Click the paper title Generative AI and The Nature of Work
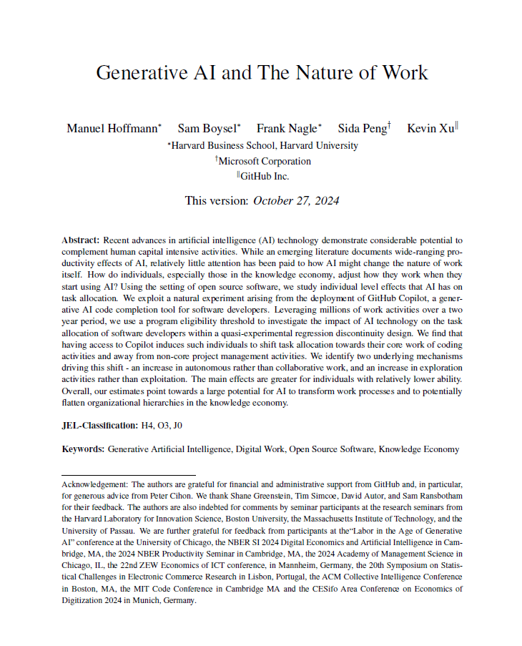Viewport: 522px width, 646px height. [262, 72]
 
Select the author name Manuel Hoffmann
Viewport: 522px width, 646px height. [112, 129]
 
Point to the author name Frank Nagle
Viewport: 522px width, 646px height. [287, 129]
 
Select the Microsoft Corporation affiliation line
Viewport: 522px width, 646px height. [263, 161]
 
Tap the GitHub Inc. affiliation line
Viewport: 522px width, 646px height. [263, 176]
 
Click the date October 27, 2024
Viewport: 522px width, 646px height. [296, 200]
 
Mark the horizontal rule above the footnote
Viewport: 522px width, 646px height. [129, 474]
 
